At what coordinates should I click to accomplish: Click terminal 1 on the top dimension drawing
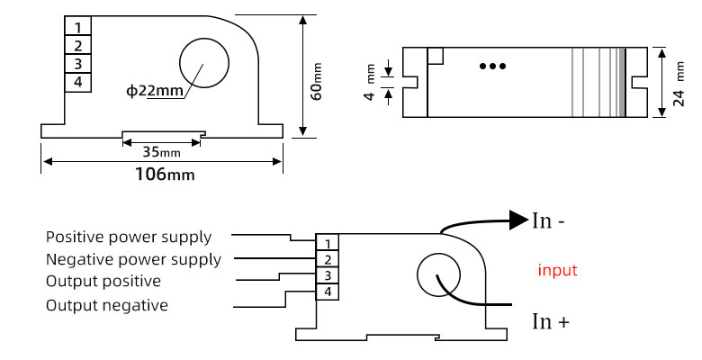click(x=78, y=27)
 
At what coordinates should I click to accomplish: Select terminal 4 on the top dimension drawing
click(x=78, y=82)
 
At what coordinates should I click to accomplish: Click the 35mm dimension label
click(x=164, y=151)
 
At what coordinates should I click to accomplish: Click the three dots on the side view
click(x=491, y=66)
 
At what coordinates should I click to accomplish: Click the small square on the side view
click(x=436, y=56)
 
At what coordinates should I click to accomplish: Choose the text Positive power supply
click(x=129, y=238)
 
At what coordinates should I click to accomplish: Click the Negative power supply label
click(x=133, y=260)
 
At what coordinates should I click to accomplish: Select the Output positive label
click(x=103, y=282)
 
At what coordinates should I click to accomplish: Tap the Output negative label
click(x=107, y=305)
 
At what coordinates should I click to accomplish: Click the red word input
click(x=557, y=270)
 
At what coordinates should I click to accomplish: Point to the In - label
click(x=548, y=220)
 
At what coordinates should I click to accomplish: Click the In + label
click(x=550, y=321)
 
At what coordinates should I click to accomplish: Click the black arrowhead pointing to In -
click(x=517, y=219)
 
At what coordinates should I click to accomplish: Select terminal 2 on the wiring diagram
click(x=328, y=260)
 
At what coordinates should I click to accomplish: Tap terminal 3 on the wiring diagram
click(x=328, y=276)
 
